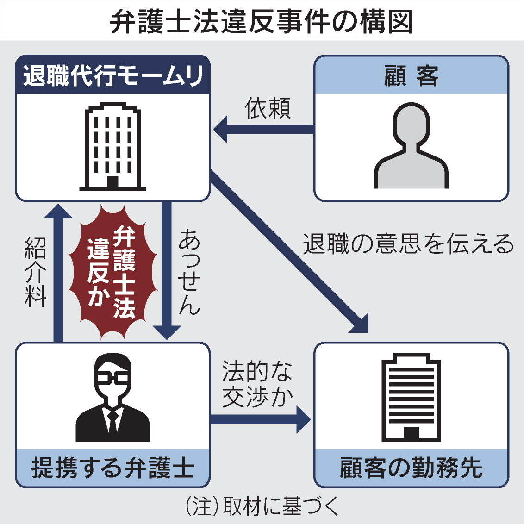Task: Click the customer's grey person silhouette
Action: pyautogui.click(x=411, y=146)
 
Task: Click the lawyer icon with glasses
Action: pyautogui.click(x=112, y=398)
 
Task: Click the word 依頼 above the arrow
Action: pyautogui.click(x=268, y=109)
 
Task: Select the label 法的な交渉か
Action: pyautogui.click(x=257, y=384)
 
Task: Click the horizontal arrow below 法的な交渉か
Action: pyautogui.click(x=259, y=419)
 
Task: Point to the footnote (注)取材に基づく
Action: pyautogui.click(x=262, y=507)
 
